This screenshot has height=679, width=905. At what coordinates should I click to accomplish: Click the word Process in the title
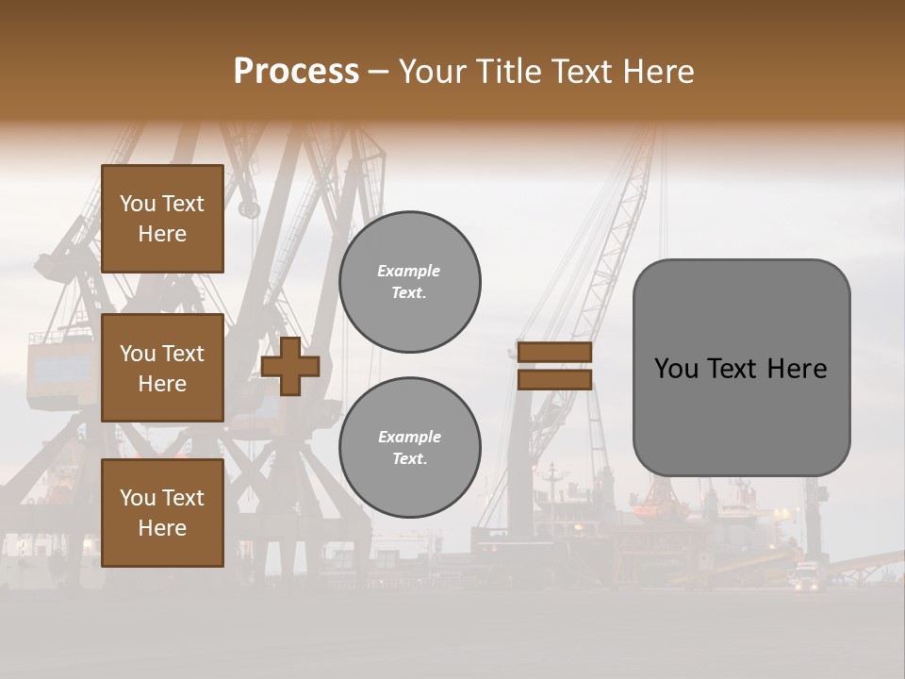coord(296,72)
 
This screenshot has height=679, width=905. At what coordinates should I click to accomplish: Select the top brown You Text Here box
coord(162,219)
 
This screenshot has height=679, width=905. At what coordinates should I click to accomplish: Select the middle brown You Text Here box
coord(162,368)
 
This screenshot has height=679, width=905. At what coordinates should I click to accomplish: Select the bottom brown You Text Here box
coord(162,513)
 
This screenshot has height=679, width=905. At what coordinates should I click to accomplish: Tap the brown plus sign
coord(289,366)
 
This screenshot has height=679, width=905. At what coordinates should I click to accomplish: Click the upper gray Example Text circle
coord(409,282)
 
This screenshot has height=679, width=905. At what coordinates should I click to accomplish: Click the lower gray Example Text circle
coord(409,448)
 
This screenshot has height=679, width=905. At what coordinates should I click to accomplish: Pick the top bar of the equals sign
coord(554,353)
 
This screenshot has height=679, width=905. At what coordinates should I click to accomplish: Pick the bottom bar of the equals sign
coord(554,379)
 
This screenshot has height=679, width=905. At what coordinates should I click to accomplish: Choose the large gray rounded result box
coord(741,368)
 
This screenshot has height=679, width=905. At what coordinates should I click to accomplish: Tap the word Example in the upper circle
coord(409,272)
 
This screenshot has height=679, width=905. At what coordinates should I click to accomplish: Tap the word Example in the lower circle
coord(409,438)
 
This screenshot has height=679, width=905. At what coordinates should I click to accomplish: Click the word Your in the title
coord(431,72)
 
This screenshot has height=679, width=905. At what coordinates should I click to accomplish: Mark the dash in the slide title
coord(378,72)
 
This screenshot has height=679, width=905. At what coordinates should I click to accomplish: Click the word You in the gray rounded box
coord(676,369)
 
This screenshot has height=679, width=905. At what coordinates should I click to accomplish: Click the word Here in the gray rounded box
coord(798,369)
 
